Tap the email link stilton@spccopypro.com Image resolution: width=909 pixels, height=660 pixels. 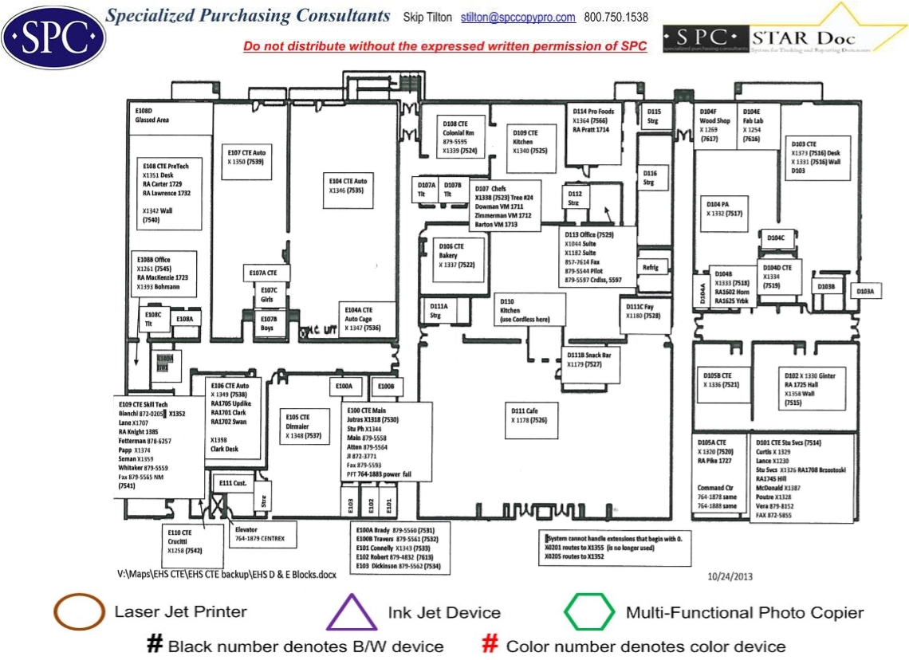coord(518,18)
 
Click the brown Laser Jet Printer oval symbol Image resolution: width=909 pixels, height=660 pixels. coord(79,612)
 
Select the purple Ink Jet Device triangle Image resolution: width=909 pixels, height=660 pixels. coord(352,614)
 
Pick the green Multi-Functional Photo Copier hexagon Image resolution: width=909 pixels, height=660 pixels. coord(589,612)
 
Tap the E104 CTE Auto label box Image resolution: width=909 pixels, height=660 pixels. coord(348,186)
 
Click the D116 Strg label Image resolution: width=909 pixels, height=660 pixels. coord(650,179)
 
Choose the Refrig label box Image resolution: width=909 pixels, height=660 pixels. coord(651,268)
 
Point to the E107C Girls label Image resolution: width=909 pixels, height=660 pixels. coord(269,294)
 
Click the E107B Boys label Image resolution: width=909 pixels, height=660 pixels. coord(269,323)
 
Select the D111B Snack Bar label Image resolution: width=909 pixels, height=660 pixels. coord(589,359)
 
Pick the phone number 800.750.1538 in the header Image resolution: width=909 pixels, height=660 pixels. coord(616,18)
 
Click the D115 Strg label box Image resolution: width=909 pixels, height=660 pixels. coord(654,116)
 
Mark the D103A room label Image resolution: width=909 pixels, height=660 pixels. coord(865,292)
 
